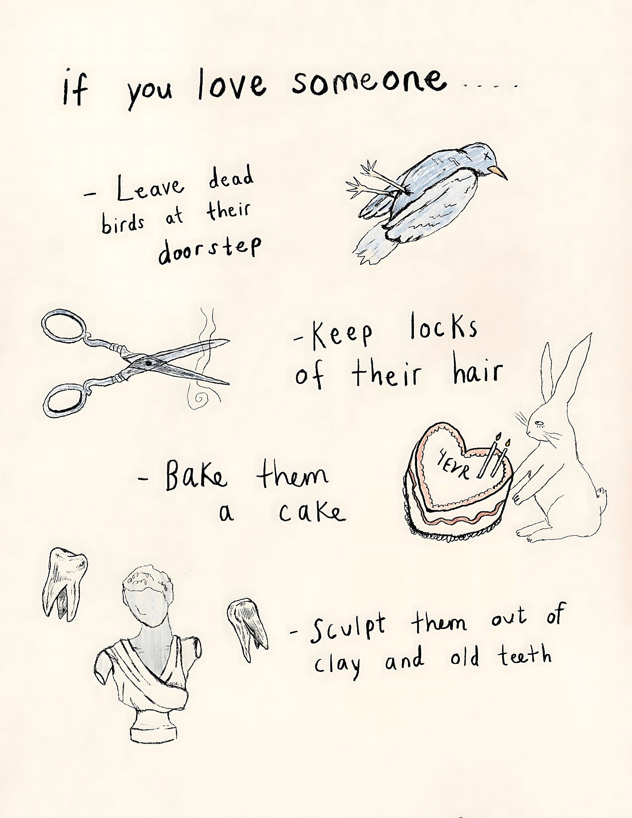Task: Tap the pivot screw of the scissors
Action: (x=148, y=363)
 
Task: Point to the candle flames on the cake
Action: (x=503, y=439)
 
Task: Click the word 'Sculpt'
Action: (x=347, y=629)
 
